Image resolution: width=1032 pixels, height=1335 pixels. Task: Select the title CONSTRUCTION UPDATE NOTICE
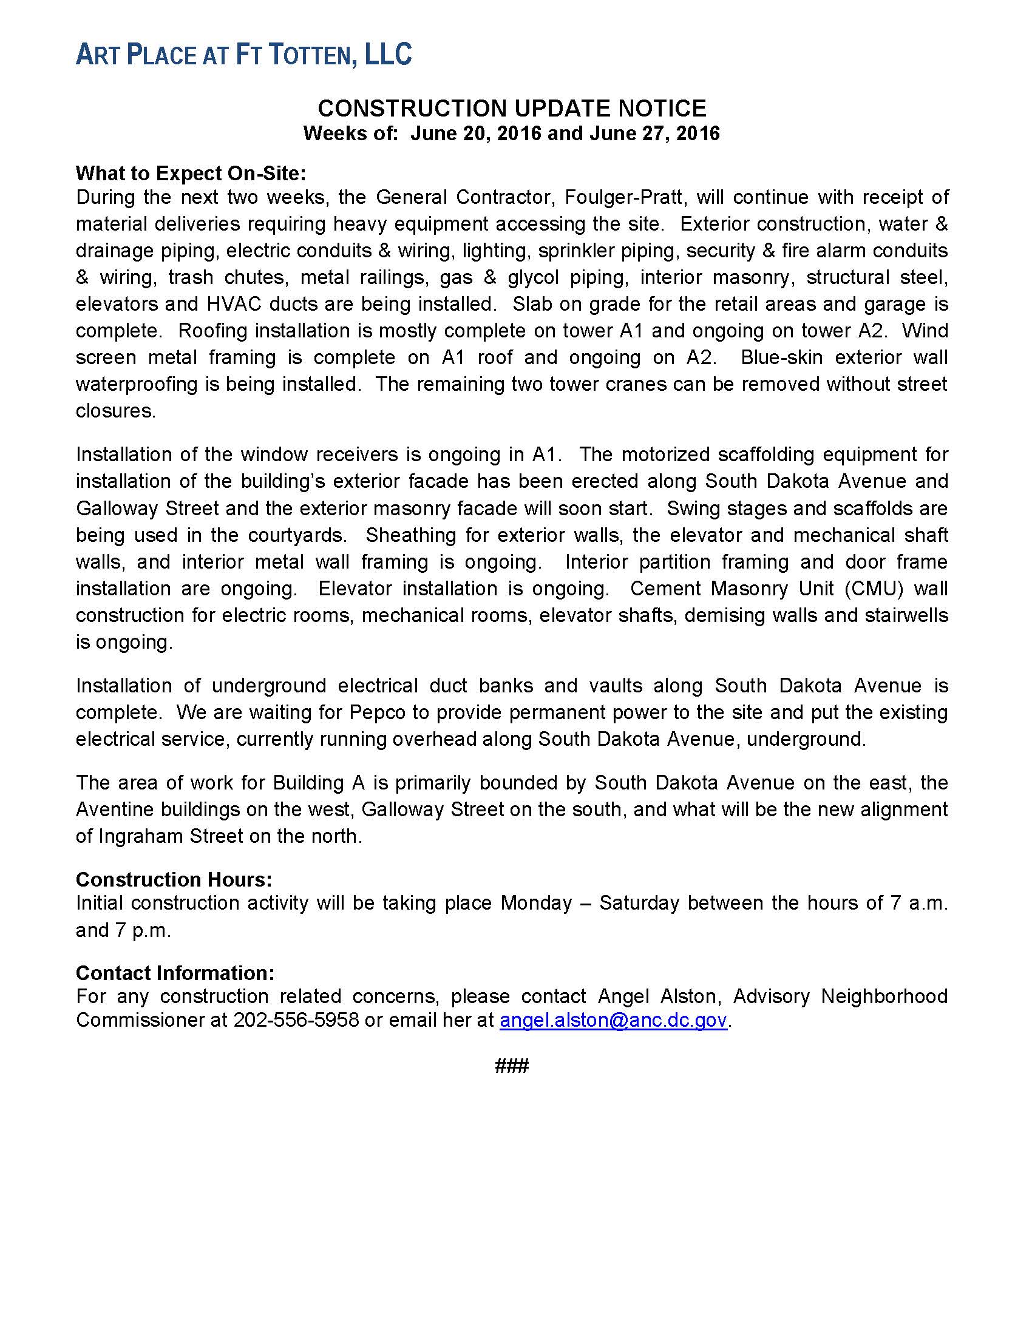coord(512,109)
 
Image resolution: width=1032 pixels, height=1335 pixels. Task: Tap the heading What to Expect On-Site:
coord(191,174)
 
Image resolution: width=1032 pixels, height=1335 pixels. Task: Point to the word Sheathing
coord(411,535)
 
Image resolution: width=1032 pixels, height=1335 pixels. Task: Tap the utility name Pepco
coord(375,713)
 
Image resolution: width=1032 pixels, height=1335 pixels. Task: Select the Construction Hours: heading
coord(174,880)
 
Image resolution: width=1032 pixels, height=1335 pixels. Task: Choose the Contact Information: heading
coord(175,973)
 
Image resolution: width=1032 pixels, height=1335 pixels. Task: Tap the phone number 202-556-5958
coord(296,1020)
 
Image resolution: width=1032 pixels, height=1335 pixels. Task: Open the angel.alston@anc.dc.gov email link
coord(613,1020)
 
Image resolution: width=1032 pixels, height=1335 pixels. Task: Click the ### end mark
coord(512,1067)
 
